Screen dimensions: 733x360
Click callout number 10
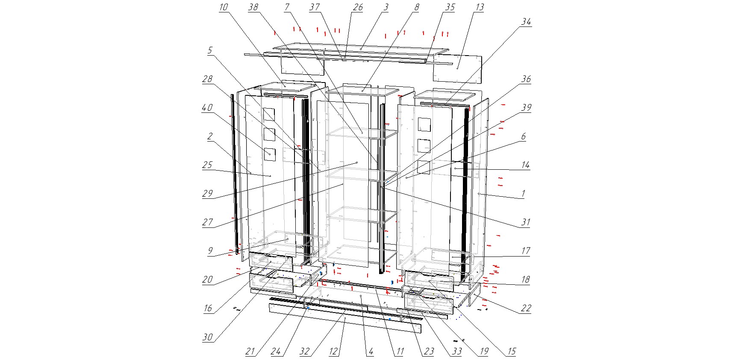(x=224, y=7)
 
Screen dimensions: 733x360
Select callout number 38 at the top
(x=253, y=7)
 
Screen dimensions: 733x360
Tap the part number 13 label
(x=479, y=7)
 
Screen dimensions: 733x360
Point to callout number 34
(x=526, y=22)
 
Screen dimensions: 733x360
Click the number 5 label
(x=209, y=50)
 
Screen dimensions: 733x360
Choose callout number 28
(x=207, y=79)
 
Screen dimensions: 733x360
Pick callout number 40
(x=207, y=108)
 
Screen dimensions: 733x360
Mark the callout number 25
(x=207, y=165)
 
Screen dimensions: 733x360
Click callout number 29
(x=207, y=194)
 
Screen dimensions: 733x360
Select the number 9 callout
(x=209, y=251)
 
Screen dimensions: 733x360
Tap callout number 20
(x=207, y=280)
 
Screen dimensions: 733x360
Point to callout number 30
(x=207, y=337)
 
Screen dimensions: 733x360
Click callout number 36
(x=526, y=79)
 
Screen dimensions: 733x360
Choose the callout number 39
(x=526, y=108)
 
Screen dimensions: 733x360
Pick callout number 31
(x=526, y=222)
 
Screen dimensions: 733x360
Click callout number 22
(x=526, y=308)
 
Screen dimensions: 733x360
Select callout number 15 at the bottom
(x=511, y=352)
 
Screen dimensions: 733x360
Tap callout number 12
(x=333, y=352)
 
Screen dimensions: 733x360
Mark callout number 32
(x=304, y=352)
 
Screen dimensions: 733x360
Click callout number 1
(x=523, y=194)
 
